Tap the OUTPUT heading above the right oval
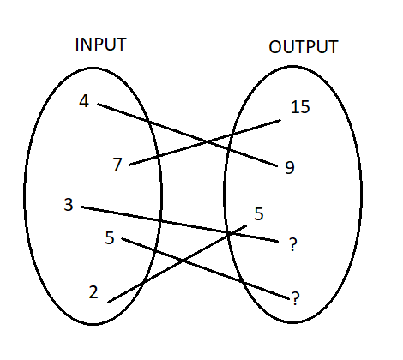tap(304, 47)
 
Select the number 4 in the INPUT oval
tap(83, 101)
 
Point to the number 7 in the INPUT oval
tap(117, 165)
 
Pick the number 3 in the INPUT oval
tap(68, 205)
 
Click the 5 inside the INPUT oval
tap(109, 237)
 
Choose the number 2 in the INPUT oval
tap(93, 292)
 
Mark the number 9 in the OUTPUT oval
tap(290, 168)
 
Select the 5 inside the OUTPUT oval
tap(260, 213)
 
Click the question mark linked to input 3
tap(293, 246)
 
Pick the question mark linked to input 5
tap(295, 298)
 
